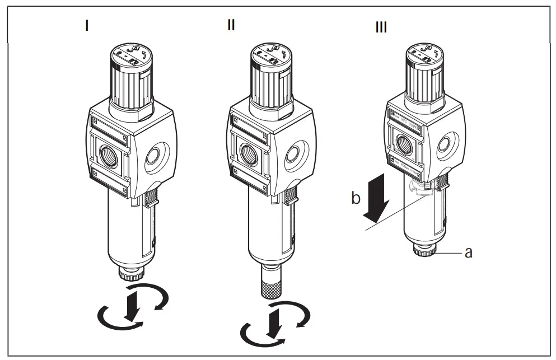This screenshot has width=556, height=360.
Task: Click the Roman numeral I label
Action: pyautogui.click(x=86, y=26)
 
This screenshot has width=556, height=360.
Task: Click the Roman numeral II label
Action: pyautogui.click(x=231, y=26)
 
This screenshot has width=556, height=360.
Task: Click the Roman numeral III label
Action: pyautogui.click(x=381, y=27)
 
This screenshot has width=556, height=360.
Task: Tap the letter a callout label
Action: pyautogui.click(x=468, y=253)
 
